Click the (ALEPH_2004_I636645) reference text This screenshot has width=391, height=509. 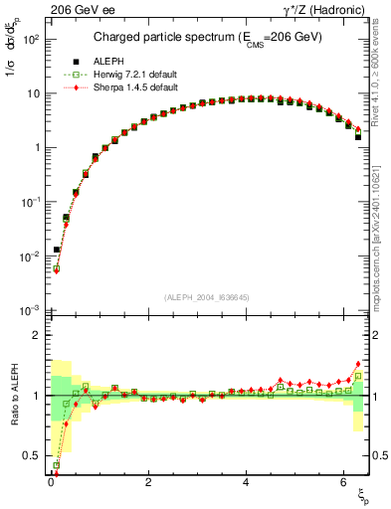(206, 297)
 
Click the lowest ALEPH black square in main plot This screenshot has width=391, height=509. (57, 250)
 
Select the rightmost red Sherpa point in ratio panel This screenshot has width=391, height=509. (358, 364)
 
